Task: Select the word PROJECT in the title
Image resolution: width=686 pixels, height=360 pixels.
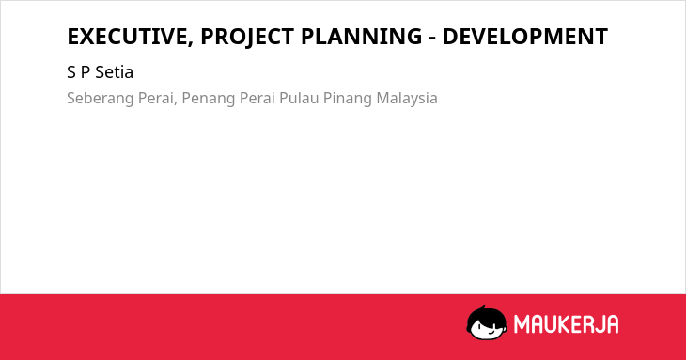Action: [x=247, y=37]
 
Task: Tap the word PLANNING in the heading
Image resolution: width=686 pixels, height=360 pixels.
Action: [x=362, y=37]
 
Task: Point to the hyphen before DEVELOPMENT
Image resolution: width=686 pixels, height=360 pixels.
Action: [x=432, y=39]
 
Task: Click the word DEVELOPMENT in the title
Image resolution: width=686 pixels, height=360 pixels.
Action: [x=525, y=37]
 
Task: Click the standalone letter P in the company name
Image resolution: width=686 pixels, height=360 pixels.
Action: [x=85, y=72]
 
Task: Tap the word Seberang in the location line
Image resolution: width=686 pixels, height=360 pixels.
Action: [x=101, y=99]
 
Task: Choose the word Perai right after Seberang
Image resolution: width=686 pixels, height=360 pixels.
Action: [x=157, y=98]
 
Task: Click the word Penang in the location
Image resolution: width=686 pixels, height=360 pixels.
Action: [x=207, y=99]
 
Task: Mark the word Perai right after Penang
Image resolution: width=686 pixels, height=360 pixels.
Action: [x=255, y=98]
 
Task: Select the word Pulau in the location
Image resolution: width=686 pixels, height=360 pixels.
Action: [x=299, y=98]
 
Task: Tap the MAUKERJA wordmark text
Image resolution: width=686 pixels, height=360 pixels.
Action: [x=566, y=324]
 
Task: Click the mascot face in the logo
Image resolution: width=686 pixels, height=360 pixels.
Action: [x=487, y=323]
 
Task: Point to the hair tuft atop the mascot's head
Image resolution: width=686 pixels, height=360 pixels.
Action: [x=483, y=307]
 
